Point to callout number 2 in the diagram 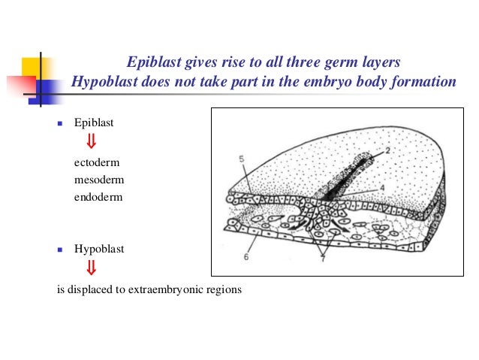point(389,151)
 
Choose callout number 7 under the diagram point(322,259)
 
